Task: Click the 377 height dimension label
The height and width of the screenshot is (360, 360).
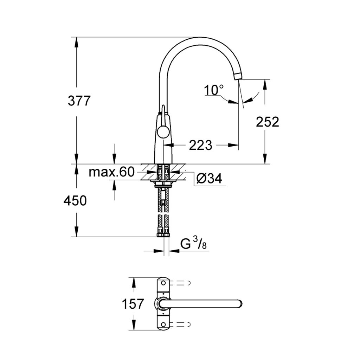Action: pyautogui.click(x=79, y=101)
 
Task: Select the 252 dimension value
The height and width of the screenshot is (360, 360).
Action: pyautogui.click(x=268, y=122)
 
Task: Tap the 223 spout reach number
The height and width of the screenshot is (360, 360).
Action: pyautogui.click(x=200, y=144)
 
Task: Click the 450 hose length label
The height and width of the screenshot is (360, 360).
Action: pyautogui.click(x=75, y=201)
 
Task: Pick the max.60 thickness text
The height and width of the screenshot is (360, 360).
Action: pyautogui.click(x=111, y=172)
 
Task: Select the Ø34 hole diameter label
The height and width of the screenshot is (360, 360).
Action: pyautogui.click(x=210, y=179)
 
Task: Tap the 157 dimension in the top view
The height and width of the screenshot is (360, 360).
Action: pyautogui.click(x=133, y=304)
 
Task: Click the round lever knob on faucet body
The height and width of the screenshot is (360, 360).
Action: pyautogui.click(x=163, y=133)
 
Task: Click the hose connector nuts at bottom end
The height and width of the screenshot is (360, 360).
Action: pyautogui.click(x=164, y=234)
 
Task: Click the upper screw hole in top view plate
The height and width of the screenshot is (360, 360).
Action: pyautogui.click(x=163, y=283)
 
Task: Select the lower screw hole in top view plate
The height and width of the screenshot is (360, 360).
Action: pyautogui.click(x=163, y=324)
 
